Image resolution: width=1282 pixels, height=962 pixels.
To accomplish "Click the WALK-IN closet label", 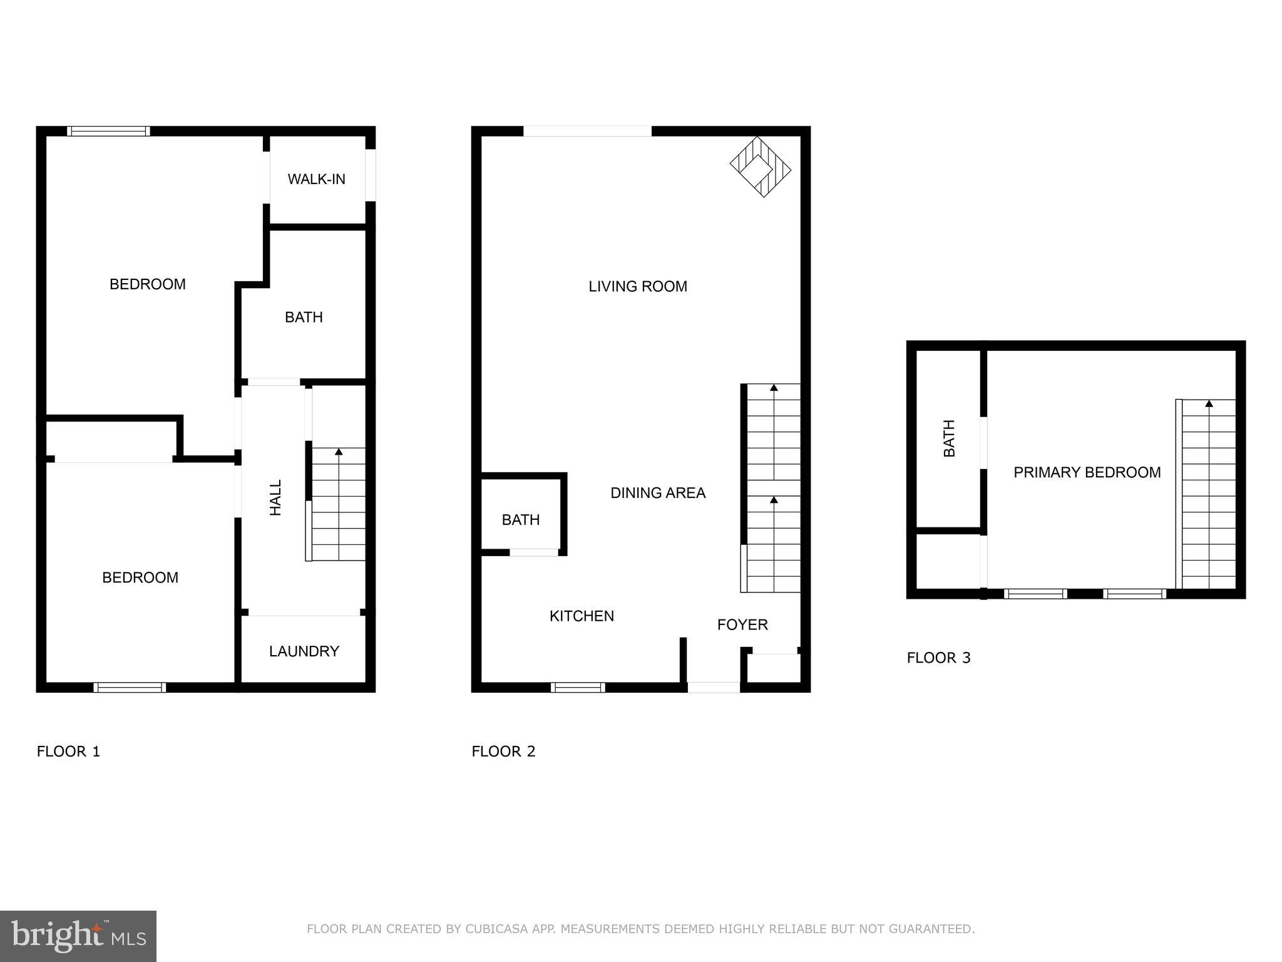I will click(316, 179).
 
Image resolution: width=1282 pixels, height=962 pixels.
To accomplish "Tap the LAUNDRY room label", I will click(304, 651).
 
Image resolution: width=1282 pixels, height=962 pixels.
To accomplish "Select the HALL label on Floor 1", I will click(275, 497).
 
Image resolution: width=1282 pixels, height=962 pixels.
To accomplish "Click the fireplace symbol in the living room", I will click(760, 167).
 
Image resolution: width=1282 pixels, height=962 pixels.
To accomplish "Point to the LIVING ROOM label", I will click(638, 286).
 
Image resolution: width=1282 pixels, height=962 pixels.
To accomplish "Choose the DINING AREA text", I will click(658, 493).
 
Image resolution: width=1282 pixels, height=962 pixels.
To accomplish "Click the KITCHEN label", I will click(582, 616).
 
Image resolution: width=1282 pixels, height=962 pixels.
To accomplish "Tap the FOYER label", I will click(742, 624).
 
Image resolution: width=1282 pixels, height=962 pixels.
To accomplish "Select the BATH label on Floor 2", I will click(521, 520).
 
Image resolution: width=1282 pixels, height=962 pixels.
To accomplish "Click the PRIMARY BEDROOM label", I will click(1087, 472).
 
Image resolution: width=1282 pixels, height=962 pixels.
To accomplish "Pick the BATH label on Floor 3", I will click(949, 438).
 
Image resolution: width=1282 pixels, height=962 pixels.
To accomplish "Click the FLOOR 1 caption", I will click(68, 752).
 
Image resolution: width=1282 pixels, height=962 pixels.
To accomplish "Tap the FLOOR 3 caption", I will click(938, 658).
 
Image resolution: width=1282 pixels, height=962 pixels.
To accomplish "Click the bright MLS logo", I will click(78, 936).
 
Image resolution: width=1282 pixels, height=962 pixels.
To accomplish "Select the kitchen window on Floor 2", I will click(578, 688).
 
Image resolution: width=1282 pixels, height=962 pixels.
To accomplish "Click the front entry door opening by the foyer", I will click(714, 688).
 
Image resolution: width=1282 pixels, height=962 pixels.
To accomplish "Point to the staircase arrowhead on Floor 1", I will click(339, 452).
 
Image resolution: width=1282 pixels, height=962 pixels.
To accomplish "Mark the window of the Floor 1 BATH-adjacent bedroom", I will click(108, 131).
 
